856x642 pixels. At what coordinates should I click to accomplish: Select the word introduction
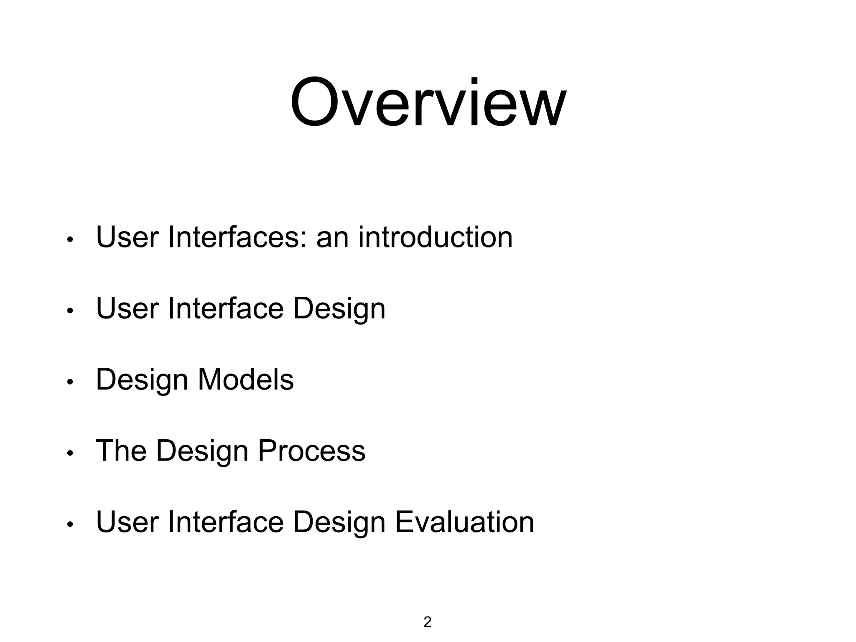click(x=435, y=237)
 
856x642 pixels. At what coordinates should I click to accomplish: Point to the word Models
click(x=246, y=380)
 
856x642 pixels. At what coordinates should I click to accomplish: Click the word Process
click(x=311, y=451)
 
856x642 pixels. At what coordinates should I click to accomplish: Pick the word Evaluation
click(x=464, y=522)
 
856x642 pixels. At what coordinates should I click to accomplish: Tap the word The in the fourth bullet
click(x=121, y=451)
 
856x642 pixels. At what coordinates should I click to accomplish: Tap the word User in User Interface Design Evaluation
click(x=127, y=522)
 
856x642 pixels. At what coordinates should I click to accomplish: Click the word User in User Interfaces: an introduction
click(x=127, y=237)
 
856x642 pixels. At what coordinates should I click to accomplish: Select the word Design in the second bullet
click(x=339, y=309)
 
